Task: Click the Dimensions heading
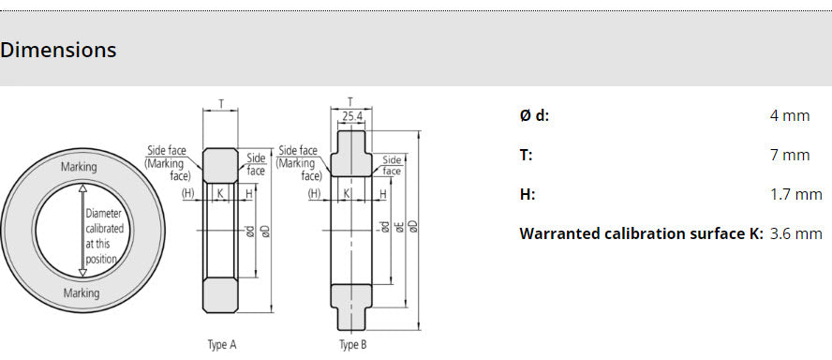58,50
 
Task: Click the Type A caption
221,345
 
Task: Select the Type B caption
353,345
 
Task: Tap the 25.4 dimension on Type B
352,116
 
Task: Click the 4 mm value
789,115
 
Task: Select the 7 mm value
789,155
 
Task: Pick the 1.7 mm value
795,194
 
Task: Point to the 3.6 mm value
795,233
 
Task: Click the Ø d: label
534,115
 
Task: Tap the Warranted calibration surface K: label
641,233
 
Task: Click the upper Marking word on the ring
79,167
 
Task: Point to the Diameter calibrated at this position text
102,236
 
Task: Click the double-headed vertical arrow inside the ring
82,230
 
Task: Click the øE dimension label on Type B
398,226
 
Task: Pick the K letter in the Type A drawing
220,193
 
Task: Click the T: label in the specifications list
526,155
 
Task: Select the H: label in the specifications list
527,194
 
